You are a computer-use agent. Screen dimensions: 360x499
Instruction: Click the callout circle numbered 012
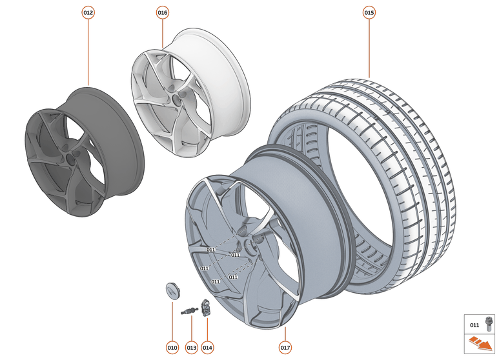click(88, 12)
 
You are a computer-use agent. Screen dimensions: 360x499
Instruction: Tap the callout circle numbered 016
click(163, 12)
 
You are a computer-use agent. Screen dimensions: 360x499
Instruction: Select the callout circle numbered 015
click(369, 12)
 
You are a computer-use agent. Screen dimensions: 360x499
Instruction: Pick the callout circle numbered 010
click(172, 347)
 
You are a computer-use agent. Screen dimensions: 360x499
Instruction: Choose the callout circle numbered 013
click(191, 347)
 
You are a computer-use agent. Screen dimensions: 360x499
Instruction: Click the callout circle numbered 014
click(207, 347)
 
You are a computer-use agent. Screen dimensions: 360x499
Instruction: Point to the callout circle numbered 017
click(285, 347)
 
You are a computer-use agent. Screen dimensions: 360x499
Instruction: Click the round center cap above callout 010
click(172, 290)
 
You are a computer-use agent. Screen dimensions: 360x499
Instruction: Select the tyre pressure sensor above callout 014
click(207, 307)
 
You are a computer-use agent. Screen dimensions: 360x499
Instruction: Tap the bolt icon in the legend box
click(487, 325)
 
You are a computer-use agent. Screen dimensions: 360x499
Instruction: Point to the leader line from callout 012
click(88, 52)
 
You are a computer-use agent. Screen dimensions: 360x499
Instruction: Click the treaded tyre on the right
click(413, 161)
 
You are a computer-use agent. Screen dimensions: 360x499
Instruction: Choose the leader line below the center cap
click(172, 319)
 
